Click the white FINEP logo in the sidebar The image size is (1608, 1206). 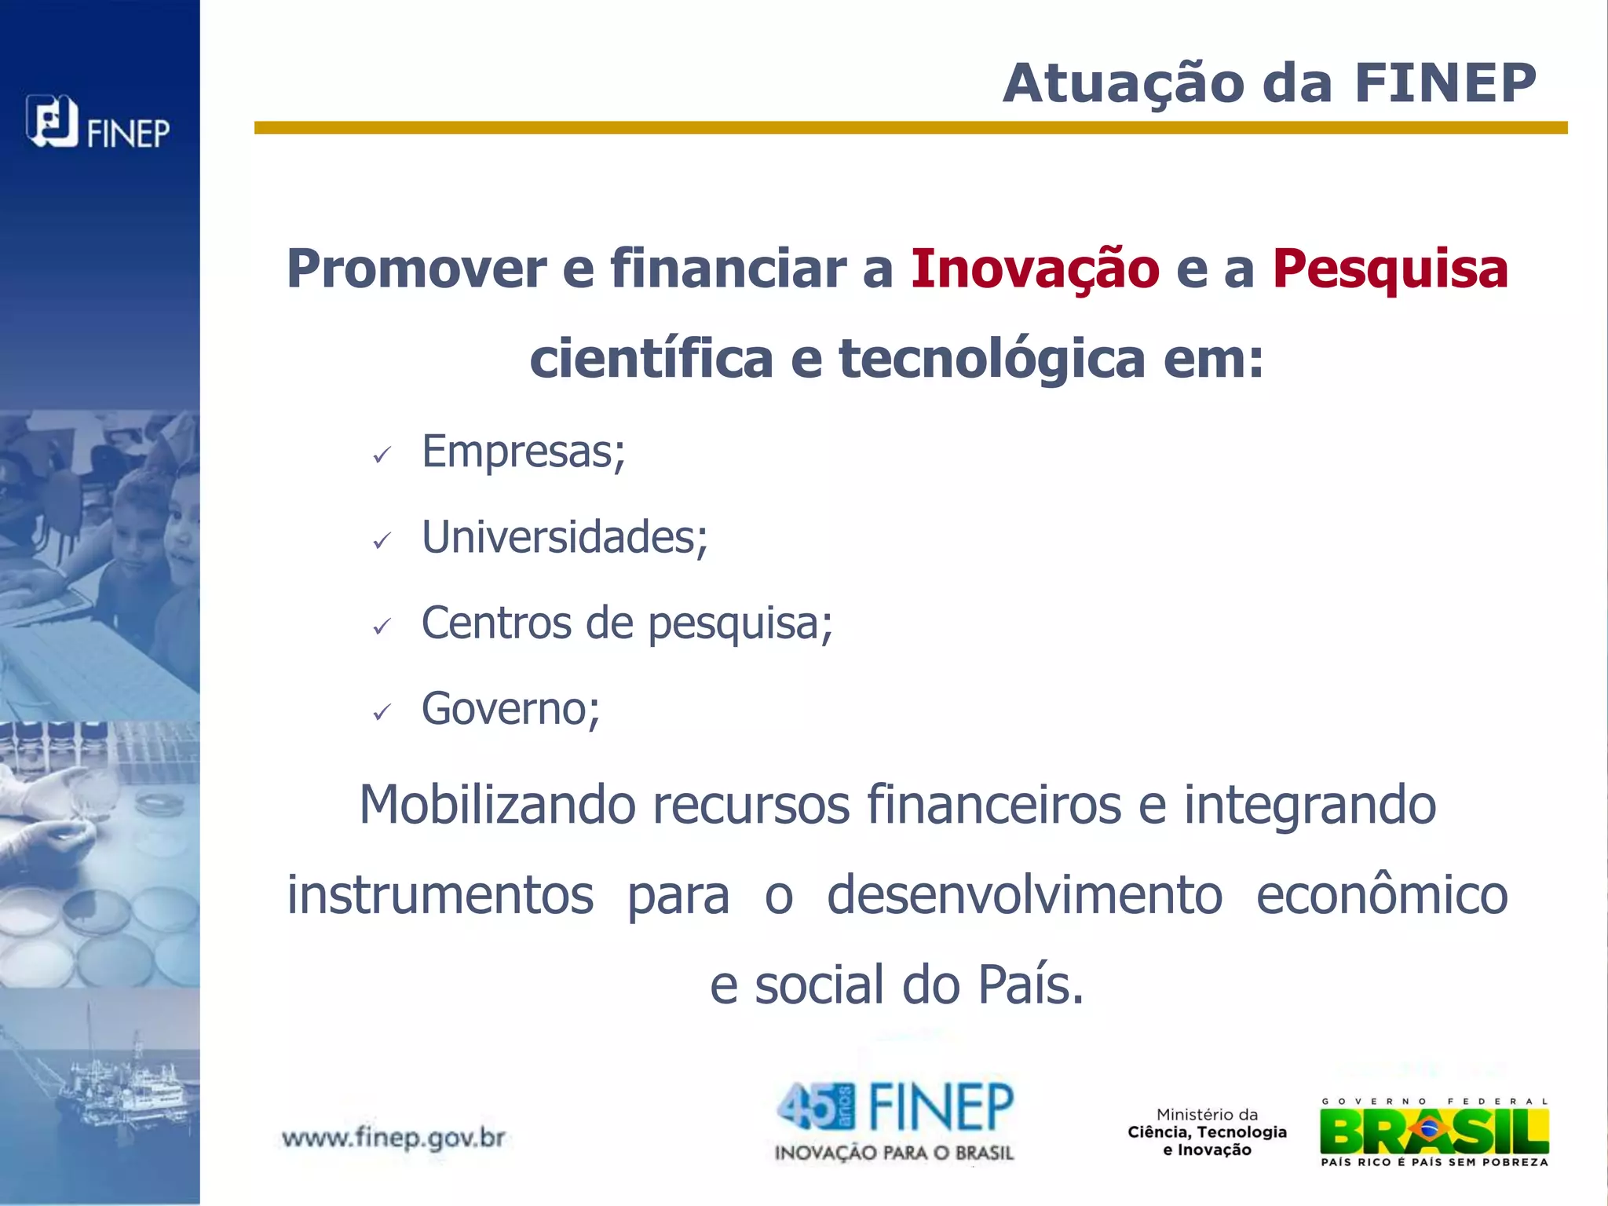[97, 123]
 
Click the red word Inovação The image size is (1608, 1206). [1035, 269]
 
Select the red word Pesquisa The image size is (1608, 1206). [1390, 269]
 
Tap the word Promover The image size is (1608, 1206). [416, 269]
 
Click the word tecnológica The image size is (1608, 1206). [992, 358]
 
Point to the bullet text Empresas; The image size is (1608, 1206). [523, 451]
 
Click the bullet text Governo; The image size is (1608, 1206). [510, 708]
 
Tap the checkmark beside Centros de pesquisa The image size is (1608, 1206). [382, 627]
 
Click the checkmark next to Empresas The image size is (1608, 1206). [382, 455]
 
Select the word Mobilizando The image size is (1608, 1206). [497, 805]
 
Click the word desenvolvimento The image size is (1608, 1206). [1025, 895]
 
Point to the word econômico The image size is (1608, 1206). [1382, 895]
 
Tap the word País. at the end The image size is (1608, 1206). [1030, 985]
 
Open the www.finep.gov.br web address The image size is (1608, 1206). [393, 1138]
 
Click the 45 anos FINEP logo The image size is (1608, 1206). [894, 1120]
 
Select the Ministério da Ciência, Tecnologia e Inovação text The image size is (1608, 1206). [1207, 1132]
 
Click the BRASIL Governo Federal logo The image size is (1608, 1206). [1434, 1131]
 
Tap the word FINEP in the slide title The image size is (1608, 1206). [1445, 82]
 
